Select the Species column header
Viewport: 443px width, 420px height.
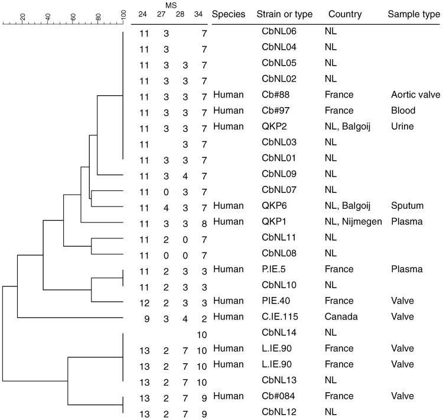[227, 14]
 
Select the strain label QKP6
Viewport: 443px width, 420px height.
[272, 206]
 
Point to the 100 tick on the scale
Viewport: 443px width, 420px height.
[123, 14]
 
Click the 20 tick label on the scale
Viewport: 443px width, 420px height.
[22, 17]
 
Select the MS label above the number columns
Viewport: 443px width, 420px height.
[171, 5]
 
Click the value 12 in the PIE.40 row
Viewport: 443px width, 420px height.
[144, 301]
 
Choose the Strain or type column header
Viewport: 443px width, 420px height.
[282, 14]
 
